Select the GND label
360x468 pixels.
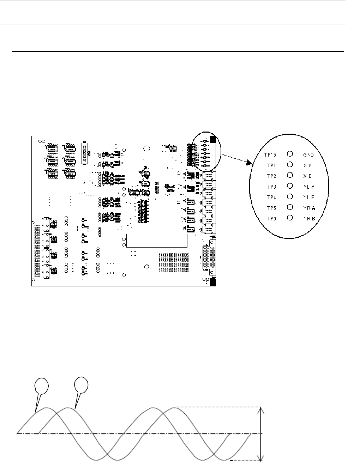pos(308,154)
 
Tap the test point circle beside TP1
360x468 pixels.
pos(290,164)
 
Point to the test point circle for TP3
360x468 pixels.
pos(290,186)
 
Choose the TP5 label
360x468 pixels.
pos(271,208)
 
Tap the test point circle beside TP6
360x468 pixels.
pos(290,218)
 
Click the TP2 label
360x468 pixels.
pos(271,176)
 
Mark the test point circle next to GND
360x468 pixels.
pos(290,154)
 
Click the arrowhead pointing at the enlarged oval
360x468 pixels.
pos(250,163)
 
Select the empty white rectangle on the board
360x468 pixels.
pos(156,241)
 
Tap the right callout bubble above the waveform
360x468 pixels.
pos(82,384)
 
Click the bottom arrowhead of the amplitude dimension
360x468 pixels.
pos(261,458)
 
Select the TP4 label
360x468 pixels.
pos(271,197)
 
